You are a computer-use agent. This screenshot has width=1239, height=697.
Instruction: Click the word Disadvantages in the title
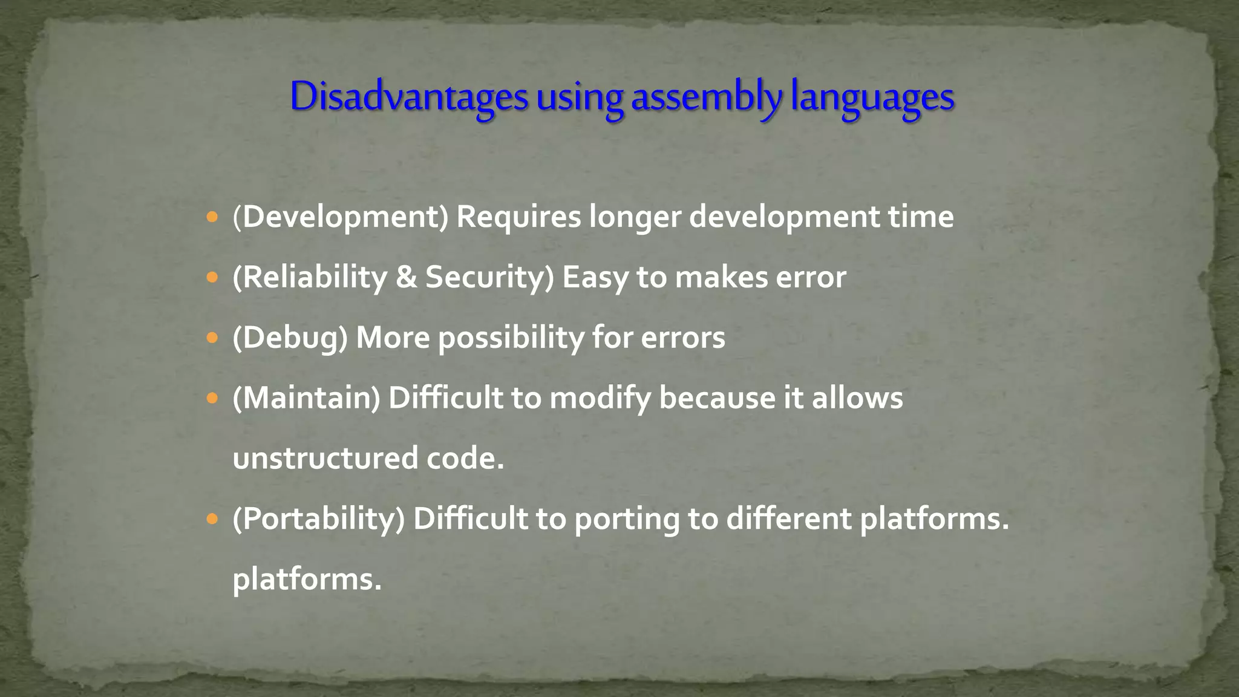coord(409,97)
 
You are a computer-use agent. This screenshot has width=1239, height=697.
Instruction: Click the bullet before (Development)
coord(211,217)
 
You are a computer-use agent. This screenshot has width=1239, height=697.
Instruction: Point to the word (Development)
coord(341,217)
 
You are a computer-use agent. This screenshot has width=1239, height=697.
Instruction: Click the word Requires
coord(518,217)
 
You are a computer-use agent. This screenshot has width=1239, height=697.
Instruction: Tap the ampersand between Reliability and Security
coord(406,277)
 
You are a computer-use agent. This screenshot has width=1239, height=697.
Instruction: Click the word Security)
coord(489,277)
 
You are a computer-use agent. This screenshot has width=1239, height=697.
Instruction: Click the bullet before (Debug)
coord(211,338)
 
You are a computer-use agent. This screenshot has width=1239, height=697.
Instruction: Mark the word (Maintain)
coord(307,398)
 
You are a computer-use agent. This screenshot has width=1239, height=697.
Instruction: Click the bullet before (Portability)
coord(211,519)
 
